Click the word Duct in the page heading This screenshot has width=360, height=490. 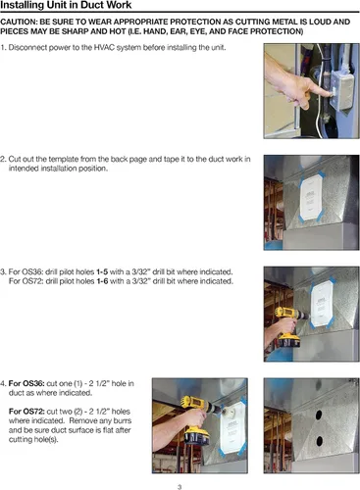pyautogui.click(x=93, y=5)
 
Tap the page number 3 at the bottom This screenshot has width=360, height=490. pyautogui.click(x=180, y=487)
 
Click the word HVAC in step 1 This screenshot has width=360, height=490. pyautogui.click(x=104, y=47)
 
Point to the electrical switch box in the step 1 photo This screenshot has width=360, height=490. pyautogui.click(x=341, y=90)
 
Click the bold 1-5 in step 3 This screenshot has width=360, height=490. pyautogui.click(x=102, y=271)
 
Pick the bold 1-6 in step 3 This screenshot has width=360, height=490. pyautogui.click(x=102, y=281)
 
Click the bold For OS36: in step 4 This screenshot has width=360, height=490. pyautogui.click(x=26, y=383)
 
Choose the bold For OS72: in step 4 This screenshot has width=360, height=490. pyautogui.click(x=26, y=412)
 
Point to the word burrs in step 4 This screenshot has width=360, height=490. pyautogui.click(x=123, y=420)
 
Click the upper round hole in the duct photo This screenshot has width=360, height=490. pyautogui.click(x=318, y=415)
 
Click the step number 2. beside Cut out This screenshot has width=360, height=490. pyautogui.click(x=3, y=159)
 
